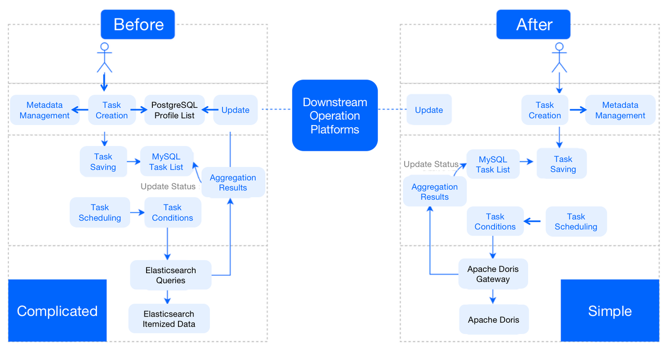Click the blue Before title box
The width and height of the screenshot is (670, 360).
click(138, 25)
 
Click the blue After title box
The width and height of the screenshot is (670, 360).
click(534, 25)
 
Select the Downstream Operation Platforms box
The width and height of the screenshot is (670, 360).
click(334, 116)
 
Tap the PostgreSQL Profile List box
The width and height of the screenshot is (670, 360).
click(174, 110)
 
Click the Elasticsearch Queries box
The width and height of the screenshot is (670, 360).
click(171, 275)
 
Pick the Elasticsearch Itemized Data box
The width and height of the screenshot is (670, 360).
click(169, 319)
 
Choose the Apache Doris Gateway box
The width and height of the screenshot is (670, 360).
click(493, 274)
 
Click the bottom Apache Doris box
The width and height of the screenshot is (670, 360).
click(494, 320)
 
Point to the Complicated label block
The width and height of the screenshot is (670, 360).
click(57, 311)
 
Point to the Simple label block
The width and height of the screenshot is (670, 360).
click(610, 311)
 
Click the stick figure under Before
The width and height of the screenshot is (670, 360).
click(105, 58)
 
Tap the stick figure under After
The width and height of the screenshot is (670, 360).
click(560, 58)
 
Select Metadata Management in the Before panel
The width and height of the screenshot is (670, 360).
click(44, 110)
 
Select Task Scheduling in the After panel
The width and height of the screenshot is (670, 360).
click(576, 221)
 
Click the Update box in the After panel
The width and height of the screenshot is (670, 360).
click(429, 110)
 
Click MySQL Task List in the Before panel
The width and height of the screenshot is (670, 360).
click(166, 162)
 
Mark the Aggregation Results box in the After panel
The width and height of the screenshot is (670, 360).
click(434, 192)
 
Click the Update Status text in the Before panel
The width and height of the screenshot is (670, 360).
click(168, 186)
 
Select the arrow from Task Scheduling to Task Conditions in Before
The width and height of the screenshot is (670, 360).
click(137, 212)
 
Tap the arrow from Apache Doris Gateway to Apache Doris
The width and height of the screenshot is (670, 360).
click(493, 297)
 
